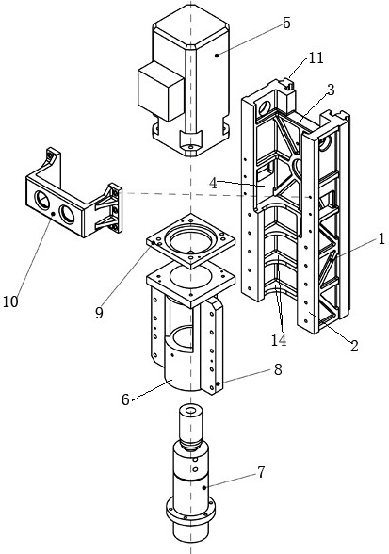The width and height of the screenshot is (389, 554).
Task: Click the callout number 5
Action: [x=286, y=23]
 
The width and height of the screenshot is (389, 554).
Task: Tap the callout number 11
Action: [x=316, y=57]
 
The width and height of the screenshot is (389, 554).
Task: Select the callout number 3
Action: [x=331, y=90]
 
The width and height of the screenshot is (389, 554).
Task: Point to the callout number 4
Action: [x=213, y=184]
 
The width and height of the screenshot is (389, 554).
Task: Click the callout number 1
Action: [x=381, y=240]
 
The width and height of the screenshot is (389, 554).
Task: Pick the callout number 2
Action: [x=354, y=345]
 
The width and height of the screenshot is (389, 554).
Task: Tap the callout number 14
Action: [x=279, y=339]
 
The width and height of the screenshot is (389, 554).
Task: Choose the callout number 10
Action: [x=10, y=301]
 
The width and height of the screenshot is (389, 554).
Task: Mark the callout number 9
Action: [x=99, y=313]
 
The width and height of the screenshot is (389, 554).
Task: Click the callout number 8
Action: [x=278, y=369]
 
